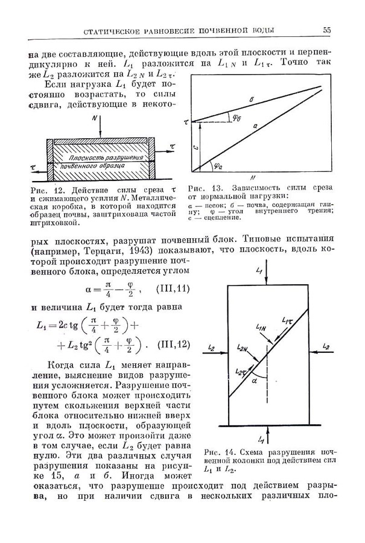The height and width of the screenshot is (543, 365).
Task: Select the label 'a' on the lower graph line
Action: [x=256, y=126]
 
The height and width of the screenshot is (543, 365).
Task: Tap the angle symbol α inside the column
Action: [x=255, y=382]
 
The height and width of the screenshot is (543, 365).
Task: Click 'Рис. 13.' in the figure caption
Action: [x=202, y=188]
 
